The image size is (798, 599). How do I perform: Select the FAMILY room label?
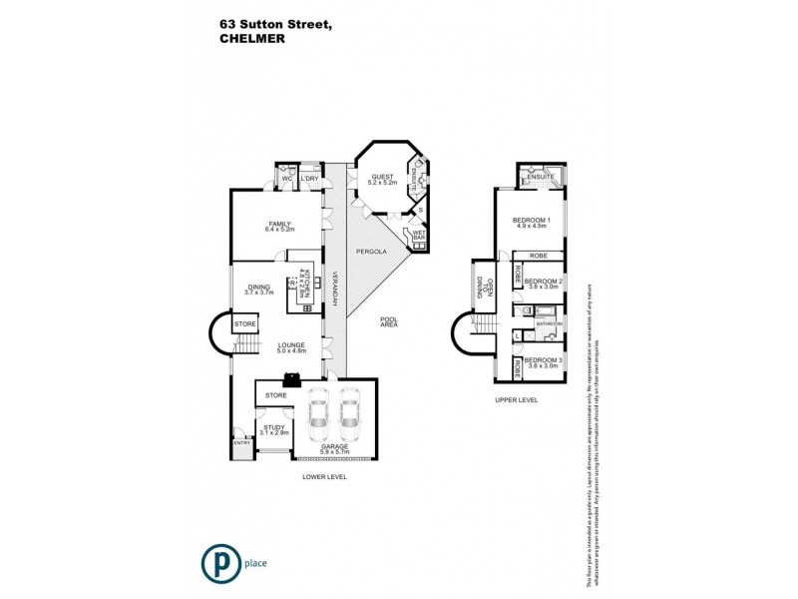(278, 226)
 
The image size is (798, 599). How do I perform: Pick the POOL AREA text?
(389, 323)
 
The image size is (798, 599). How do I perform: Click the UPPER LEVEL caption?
(517, 398)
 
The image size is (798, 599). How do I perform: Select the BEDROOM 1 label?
(531, 223)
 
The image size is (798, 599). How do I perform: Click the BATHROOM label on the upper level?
(550, 324)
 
